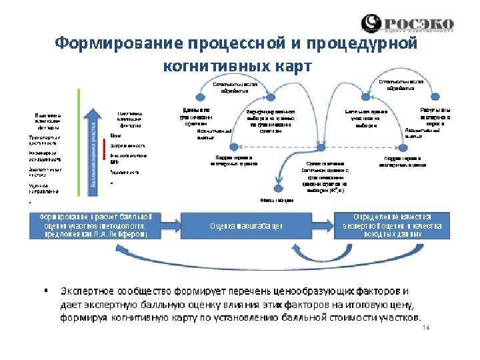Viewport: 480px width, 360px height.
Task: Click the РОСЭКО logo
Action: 407,23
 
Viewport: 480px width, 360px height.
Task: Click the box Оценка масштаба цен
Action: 246,225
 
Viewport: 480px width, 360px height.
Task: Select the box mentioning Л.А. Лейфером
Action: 99,225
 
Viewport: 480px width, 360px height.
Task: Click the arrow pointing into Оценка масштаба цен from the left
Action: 173,225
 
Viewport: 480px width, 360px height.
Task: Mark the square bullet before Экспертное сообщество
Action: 46,291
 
